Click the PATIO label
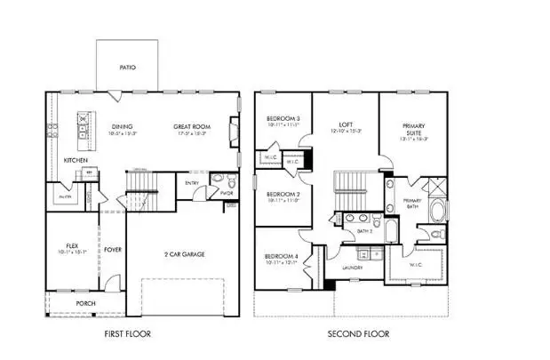click(x=127, y=68)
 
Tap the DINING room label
click(x=122, y=126)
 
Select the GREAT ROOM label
click(x=191, y=126)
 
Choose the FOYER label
click(x=113, y=250)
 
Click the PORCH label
click(x=85, y=303)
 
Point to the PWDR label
click(x=226, y=192)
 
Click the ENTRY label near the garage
click(x=192, y=184)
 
